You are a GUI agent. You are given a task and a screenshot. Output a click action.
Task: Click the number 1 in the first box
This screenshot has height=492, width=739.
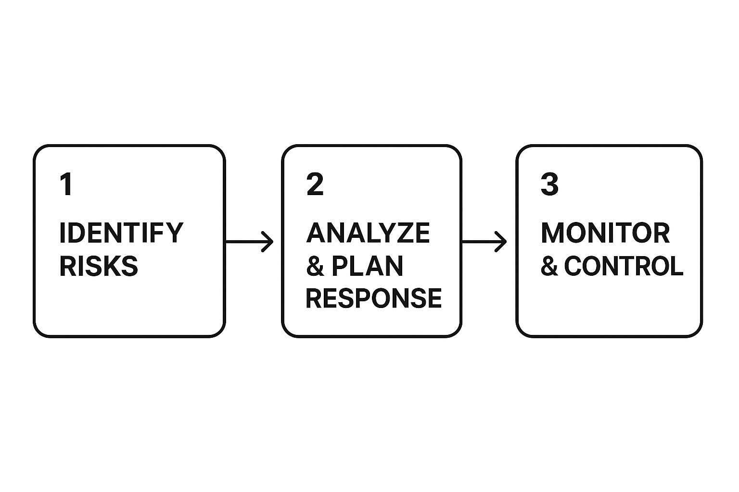tap(67, 184)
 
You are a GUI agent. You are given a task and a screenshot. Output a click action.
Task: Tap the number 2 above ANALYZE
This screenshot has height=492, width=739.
tap(315, 184)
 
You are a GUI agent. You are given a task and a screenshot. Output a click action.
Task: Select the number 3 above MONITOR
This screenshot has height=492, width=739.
tap(549, 184)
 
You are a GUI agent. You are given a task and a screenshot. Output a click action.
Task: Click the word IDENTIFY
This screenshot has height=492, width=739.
tap(121, 233)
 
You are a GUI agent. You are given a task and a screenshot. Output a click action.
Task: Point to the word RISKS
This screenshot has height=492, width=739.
tap(99, 266)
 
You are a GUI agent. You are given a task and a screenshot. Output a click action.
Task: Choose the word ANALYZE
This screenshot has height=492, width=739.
tap(368, 233)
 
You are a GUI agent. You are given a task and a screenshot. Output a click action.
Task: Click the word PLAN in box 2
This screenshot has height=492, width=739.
tap(367, 266)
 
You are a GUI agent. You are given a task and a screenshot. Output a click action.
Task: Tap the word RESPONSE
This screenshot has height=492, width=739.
tap(374, 298)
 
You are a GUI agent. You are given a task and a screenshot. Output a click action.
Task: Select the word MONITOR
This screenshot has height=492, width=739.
tap(605, 233)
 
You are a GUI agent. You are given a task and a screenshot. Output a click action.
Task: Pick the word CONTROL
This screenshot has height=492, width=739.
tap(624, 266)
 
